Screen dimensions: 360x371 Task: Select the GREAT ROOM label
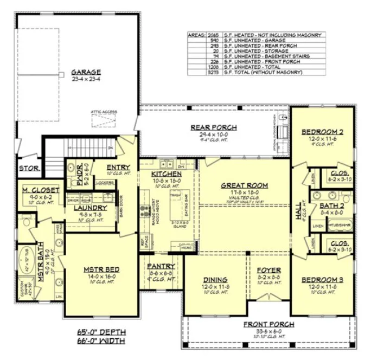pyautogui.click(x=244, y=185)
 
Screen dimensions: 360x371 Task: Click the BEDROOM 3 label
pyautogui.click(x=323, y=280)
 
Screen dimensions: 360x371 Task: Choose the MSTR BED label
pyautogui.click(x=101, y=269)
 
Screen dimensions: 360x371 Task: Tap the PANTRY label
pyautogui.click(x=161, y=266)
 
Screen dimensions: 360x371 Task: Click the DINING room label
pyautogui.click(x=214, y=280)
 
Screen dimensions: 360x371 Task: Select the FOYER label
pyautogui.click(x=268, y=269)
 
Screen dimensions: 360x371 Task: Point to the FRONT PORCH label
pyautogui.click(x=268, y=324)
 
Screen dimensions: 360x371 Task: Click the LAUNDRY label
pyautogui.click(x=90, y=208)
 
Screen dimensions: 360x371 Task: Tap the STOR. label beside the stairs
pyautogui.click(x=29, y=168)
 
